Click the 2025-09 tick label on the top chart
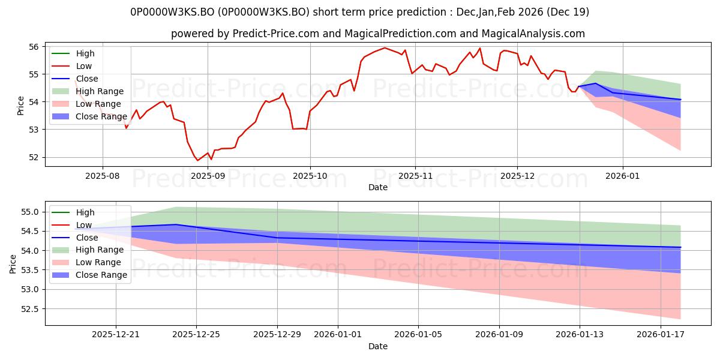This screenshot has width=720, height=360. coord(208,176)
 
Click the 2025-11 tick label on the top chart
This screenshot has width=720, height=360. coord(415,176)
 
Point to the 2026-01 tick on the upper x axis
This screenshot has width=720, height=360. coord(622,176)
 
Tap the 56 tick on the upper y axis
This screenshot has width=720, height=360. coord(34,47)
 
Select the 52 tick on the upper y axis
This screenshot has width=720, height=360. coord(34,157)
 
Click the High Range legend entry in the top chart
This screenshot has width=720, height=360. coord(100,91)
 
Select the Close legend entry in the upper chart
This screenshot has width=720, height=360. coord(87,79)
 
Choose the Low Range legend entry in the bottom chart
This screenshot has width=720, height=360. coord(98,262)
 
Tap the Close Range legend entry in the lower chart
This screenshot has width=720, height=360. coord(101,275)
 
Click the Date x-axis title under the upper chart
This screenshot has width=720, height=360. coord(378,187)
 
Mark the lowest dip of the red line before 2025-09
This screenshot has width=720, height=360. coord(197,160)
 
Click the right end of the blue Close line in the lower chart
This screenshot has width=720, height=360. coord(680,247)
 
